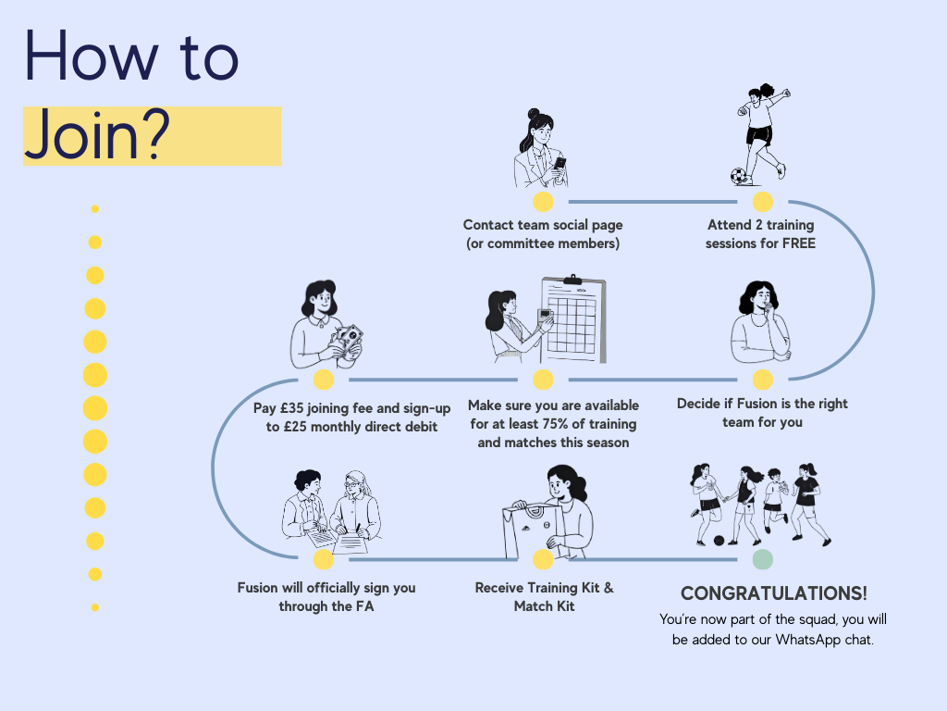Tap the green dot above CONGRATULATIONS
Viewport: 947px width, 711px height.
[x=762, y=559]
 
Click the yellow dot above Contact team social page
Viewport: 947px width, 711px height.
[x=543, y=202]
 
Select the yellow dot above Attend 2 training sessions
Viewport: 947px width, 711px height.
[x=762, y=202]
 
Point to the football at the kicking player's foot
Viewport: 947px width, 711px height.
[x=739, y=175]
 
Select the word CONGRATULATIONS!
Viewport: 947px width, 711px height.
[x=774, y=593]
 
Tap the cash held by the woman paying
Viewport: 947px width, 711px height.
[x=348, y=340]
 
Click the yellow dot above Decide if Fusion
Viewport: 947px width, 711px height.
[x=762, y=380]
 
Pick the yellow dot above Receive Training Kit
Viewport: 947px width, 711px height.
[x=543, y=559]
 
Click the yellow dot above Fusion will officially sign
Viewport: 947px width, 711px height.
[x=323, y=559]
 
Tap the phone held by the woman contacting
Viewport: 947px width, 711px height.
[x=560, y=164]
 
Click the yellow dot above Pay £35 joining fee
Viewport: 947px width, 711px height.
[x=323, y=380]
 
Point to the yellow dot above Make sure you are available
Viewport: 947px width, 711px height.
[x=543, y=380]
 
